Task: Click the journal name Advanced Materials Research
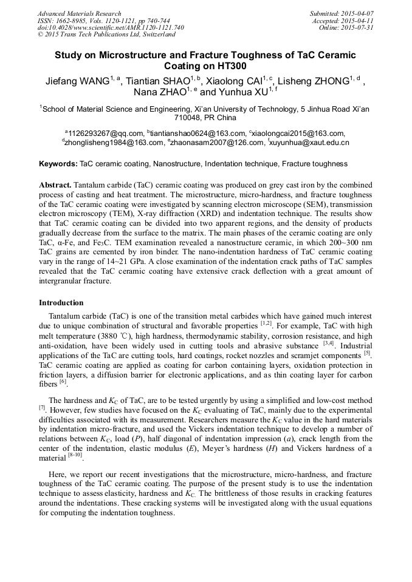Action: [80, 13]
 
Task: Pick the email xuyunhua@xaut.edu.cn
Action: [310, 143]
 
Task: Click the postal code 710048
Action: [190, 118]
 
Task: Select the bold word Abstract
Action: [55, 184]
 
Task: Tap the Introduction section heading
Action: [61, 303]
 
